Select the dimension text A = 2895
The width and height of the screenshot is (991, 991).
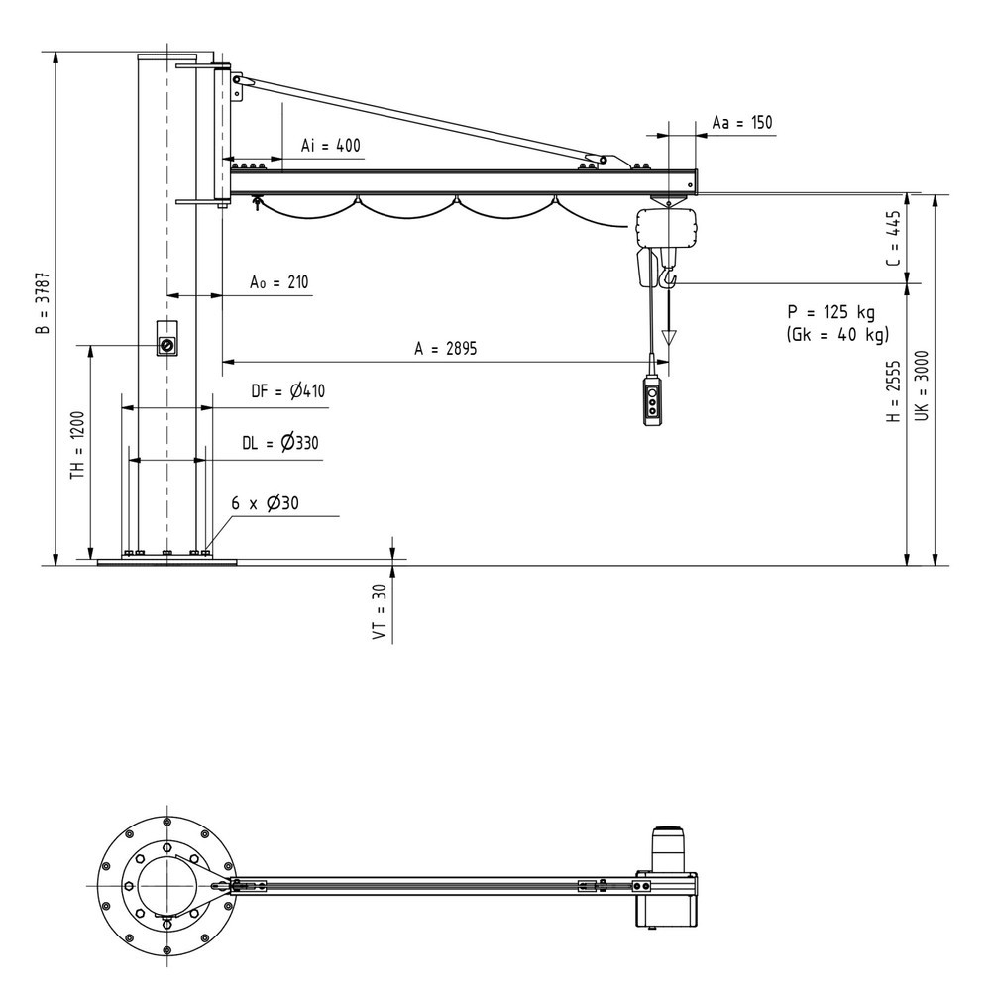click(446, 348)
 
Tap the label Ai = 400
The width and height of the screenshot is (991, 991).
click(331, 146)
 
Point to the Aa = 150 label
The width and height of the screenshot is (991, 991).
click(742, 122)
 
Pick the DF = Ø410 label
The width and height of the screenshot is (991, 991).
click(288, 391)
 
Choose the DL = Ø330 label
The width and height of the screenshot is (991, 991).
click(280, 442)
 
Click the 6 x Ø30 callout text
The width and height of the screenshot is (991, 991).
click(265, 503)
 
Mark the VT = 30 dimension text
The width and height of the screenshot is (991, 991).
click(380, 611)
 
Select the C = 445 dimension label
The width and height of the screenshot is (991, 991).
click(893, 238)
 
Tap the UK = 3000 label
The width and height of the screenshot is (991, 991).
click(922, 385)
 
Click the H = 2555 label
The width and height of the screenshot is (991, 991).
click(893, 391)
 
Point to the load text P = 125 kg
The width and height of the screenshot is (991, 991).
click(831, 312)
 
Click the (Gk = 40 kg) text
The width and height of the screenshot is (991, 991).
click(837, 334)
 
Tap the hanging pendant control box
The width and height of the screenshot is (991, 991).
click(653, 400)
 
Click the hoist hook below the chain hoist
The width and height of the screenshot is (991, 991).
click(667, 276)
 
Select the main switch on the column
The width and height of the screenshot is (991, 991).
click(166, 339)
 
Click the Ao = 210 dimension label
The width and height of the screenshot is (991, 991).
click(278, 281)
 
